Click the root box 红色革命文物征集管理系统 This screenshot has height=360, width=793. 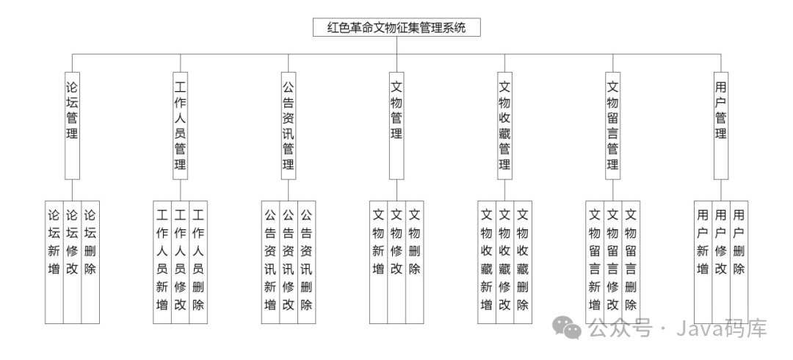396,28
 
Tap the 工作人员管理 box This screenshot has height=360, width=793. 180,125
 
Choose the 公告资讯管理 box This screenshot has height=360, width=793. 289,125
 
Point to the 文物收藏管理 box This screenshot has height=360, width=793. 504,125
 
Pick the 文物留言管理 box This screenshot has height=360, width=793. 612,125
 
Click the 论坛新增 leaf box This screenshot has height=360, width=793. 54,261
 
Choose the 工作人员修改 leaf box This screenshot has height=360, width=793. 180,261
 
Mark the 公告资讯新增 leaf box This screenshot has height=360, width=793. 270,261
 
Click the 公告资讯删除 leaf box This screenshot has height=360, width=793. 306,261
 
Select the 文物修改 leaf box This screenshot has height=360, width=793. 396,261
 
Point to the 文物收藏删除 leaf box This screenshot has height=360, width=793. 523,261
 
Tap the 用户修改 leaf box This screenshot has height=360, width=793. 721,261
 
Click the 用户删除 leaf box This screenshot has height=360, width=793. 739,261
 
